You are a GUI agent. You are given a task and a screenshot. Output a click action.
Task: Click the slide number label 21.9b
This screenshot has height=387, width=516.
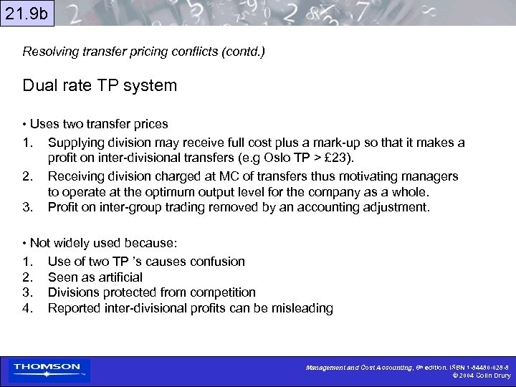point(27,13)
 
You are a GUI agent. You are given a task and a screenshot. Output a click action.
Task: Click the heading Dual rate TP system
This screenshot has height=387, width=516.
point(100,86)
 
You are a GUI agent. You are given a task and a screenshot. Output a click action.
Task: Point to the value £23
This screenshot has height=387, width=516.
point(335,158)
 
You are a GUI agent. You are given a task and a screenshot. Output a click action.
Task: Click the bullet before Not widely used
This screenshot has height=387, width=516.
point(25,242)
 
